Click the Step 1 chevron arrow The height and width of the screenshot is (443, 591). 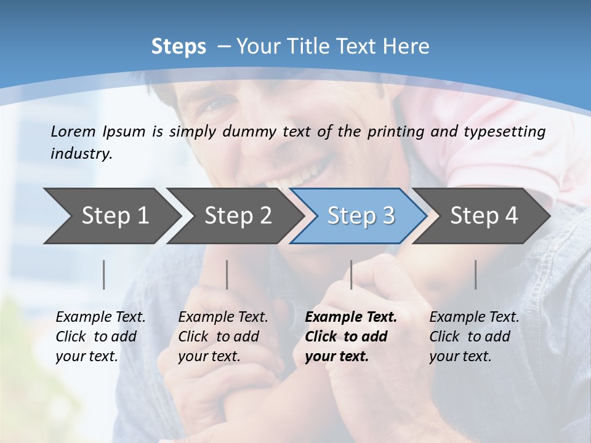tap(111, 216)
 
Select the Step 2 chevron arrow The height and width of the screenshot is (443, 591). tap(236, 216)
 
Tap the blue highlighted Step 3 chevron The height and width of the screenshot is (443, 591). tap(359, 216)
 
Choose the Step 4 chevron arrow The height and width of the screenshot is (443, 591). tap(482, 216)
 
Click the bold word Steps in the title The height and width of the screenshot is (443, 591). tap(179, 47)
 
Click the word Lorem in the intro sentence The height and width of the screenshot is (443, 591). tap(73, 132)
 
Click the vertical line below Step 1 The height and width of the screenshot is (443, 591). tap(104, 274)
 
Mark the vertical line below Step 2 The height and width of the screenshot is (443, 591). tap(227, 274)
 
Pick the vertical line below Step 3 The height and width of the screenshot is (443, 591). tap(351, 274)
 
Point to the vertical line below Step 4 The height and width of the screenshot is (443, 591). tap(475, 274)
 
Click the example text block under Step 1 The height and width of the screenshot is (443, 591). tap(100, 337)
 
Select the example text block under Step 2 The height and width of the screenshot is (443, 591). tap(223, 337)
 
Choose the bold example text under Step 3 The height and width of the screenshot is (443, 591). tap(350, 337)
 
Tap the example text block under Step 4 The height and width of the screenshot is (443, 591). tap(474, 337)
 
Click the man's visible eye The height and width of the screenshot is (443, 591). tap(212, 105)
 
